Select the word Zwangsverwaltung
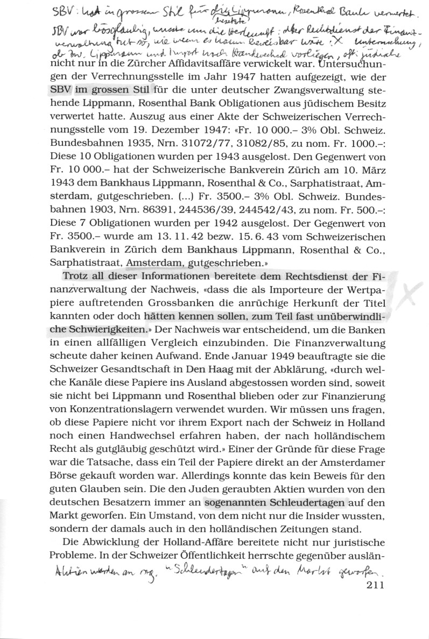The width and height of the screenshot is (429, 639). click(311, 89)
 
